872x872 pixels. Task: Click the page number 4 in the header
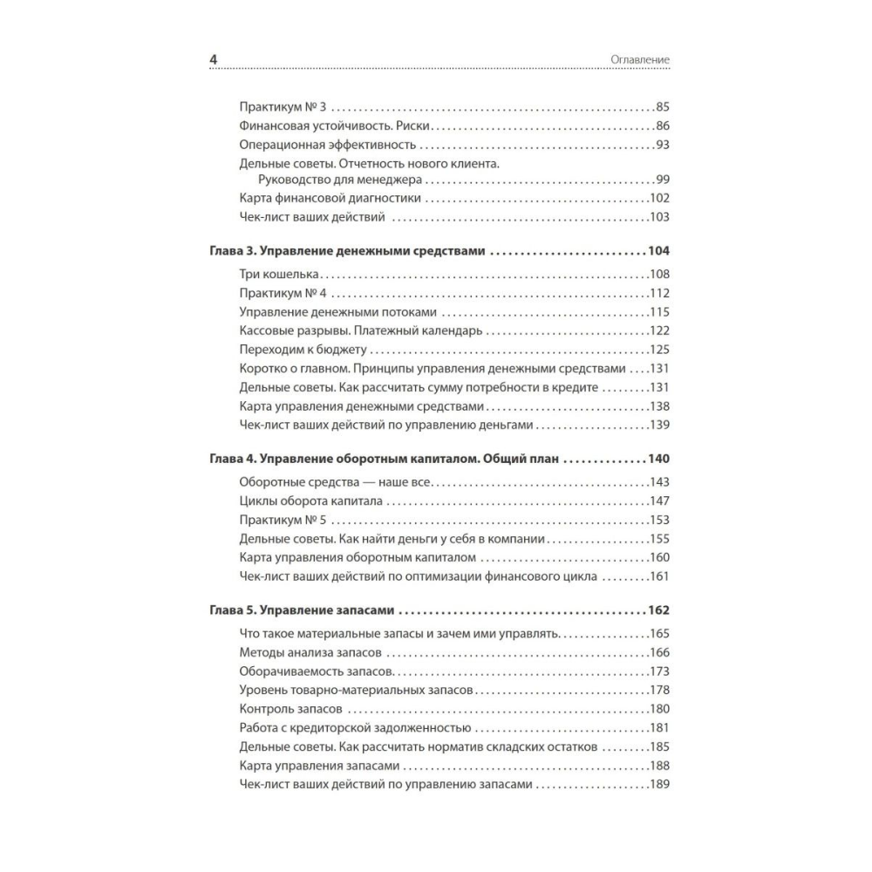click(x=214, y=59)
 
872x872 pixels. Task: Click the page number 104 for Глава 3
click(x=658, y=251)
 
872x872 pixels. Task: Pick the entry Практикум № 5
click(x=282, y=521)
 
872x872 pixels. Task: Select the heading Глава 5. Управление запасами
click(x=303, y=610)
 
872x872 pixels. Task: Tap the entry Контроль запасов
click(x=290, y=708)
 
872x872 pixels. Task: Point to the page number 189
click(x=658, y=784)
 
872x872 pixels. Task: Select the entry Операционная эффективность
click(x=327, y=144)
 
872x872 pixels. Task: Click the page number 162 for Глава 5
click(x=658, y=610)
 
